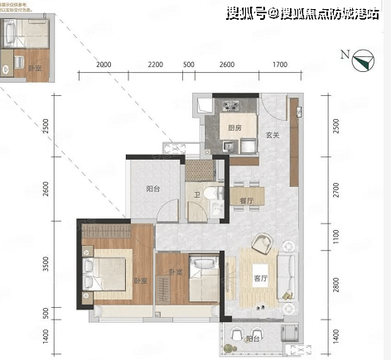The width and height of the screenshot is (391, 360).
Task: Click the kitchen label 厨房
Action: [234, 128]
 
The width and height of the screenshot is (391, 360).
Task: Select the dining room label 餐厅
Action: [246, 200]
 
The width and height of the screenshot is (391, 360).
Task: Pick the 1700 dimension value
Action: [279, 65]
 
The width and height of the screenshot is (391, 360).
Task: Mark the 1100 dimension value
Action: [335, 237]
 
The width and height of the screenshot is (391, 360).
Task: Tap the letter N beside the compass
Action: [344, 55]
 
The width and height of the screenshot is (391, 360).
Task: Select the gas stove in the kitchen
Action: [226, 106]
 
